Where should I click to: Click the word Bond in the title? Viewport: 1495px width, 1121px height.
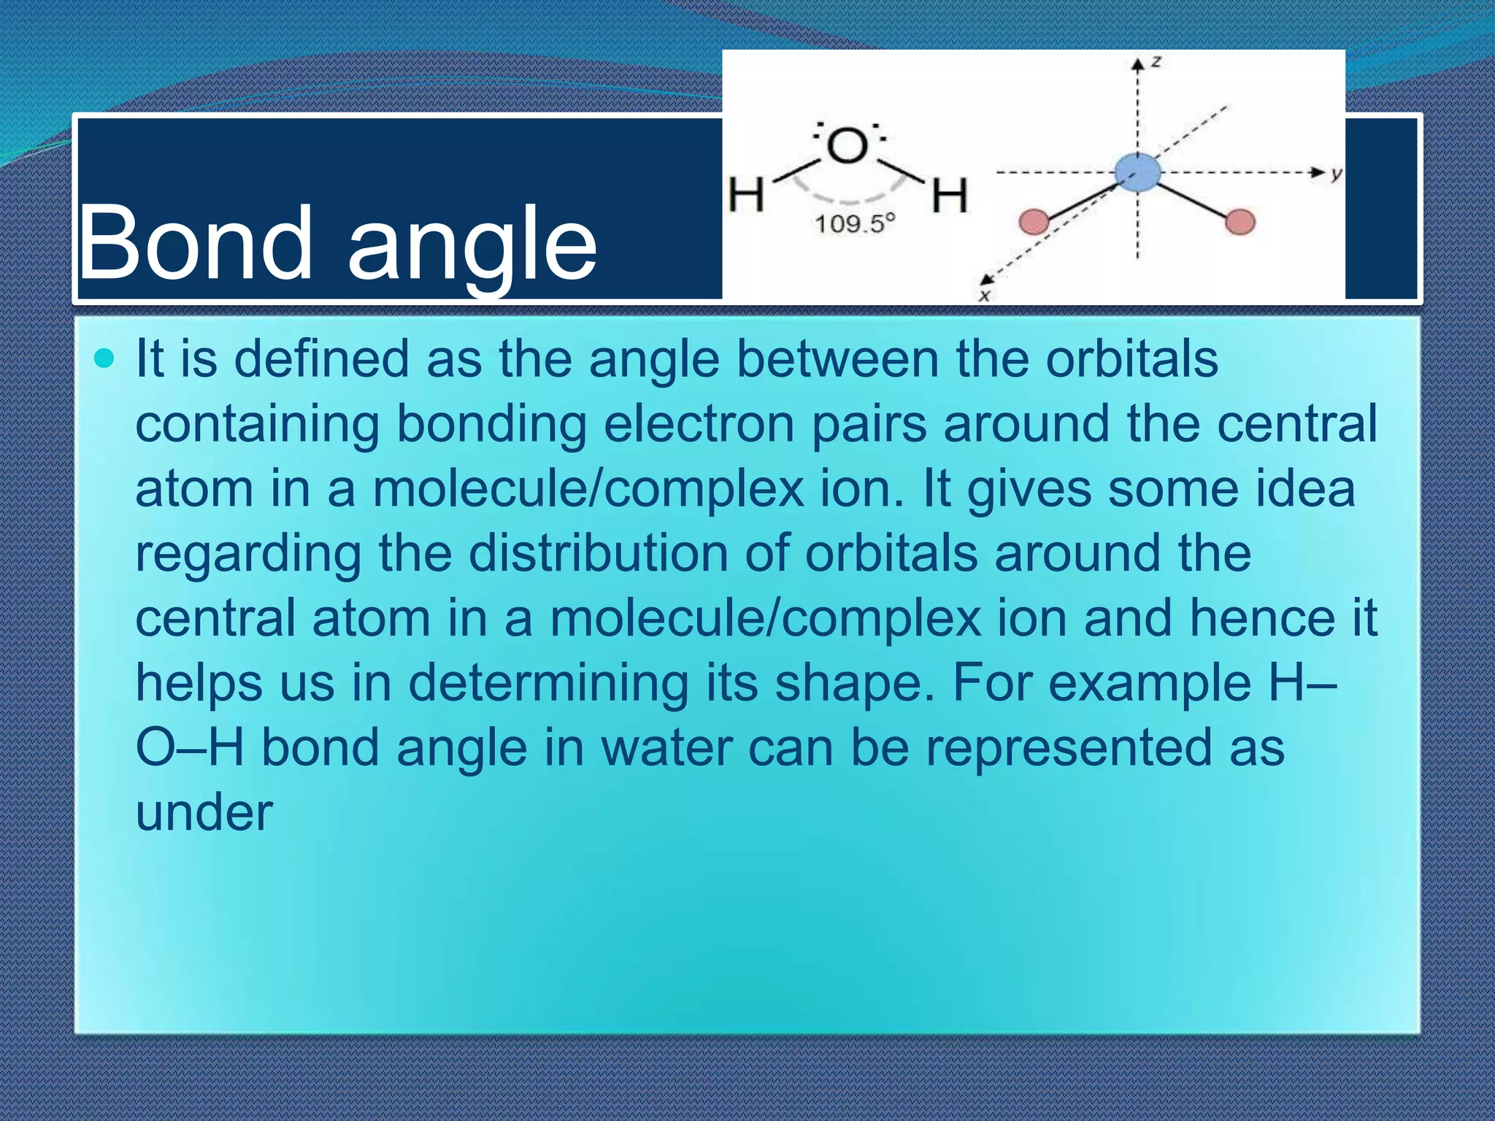coord(195,242)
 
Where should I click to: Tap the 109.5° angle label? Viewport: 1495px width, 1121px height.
coord(854,223)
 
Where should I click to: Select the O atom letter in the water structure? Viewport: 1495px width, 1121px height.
coord(847,145)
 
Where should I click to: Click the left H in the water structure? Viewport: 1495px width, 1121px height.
coord(746,195)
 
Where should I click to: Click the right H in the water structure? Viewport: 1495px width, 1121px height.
coord(949,196)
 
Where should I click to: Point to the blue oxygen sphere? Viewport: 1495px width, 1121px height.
coord(1137,173)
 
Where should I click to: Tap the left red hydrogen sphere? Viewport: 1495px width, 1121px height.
coord(1034,221)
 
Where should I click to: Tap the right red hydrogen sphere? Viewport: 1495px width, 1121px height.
coord(1240,221)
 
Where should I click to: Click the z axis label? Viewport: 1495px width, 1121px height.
coord(1156,62)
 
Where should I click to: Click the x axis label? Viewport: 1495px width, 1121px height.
coord(984,296)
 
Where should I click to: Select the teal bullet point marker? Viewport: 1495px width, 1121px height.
coord(105,358)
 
